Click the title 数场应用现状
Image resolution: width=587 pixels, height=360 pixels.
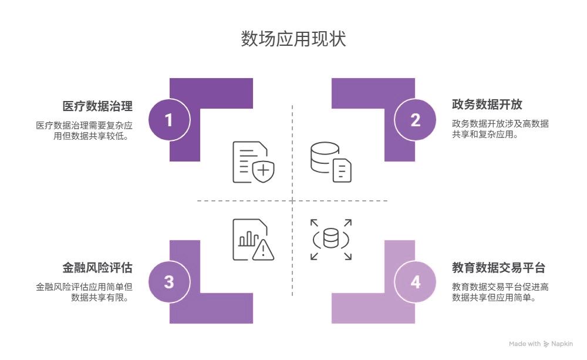click(293, 39)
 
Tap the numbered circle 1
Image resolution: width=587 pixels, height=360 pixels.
click(169, 120)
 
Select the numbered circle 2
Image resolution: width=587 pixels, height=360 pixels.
click(416, 120)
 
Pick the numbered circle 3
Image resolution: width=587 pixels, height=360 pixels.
click(169, 282)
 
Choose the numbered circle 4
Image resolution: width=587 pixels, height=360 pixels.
click(416, 282)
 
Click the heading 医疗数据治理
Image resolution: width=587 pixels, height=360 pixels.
click(97, 106)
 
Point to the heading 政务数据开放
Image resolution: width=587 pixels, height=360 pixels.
click(487, 105)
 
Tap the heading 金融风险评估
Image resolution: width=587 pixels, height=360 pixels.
click(97, 268)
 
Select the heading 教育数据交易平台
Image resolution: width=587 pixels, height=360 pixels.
click(499, 268)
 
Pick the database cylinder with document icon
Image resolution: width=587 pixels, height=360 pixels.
click(330, 162)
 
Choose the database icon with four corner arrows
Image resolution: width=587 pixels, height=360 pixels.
click(330, 240)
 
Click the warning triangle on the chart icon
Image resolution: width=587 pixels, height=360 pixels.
click(263, 250)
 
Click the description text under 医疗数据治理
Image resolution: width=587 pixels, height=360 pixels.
click(84, 130)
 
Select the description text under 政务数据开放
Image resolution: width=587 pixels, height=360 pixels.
click(500, 129)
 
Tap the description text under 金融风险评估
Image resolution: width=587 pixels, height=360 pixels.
click(84, 292)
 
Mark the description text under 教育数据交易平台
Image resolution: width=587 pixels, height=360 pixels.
click(500, 292)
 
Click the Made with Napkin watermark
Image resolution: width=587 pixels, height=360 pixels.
click(541, 344)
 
